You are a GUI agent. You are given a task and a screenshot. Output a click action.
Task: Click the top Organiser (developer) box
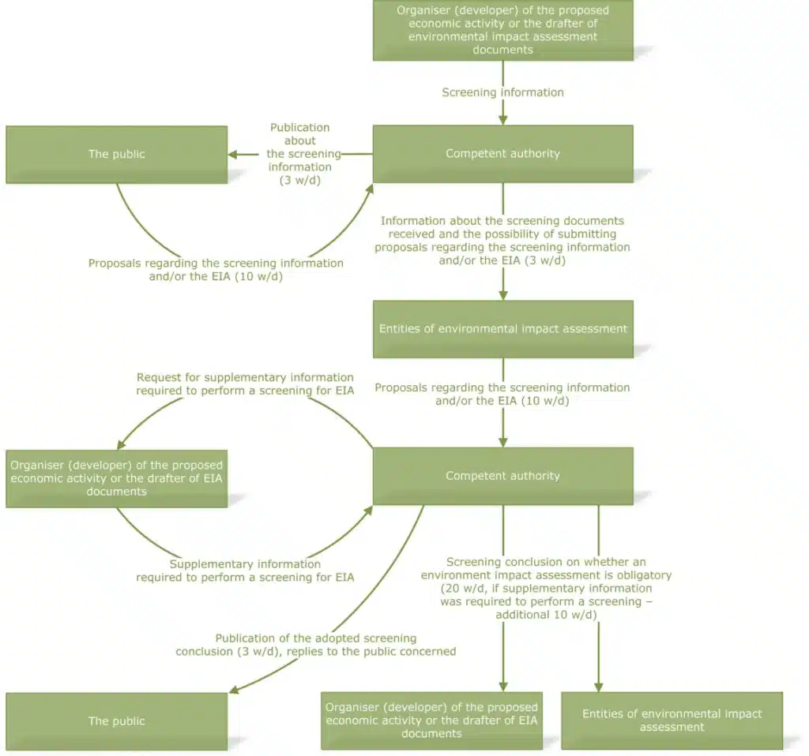pyautogui.click(x=502, y=30)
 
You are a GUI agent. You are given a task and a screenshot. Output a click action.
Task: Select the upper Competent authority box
pyautogui.click(x=502, y=154)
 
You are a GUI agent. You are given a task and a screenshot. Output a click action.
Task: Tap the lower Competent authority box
pyautogui.click(x=502, y=476)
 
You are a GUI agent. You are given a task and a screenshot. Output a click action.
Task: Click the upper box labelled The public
pyautogui.click(x=116, y=155)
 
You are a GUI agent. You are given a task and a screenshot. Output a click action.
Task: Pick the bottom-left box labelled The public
pyautogui.click(x=116, y=720)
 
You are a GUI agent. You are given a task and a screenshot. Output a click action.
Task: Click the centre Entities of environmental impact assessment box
pyautogui.click(x=502, y=329)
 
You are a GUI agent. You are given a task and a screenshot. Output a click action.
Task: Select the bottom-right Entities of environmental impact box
pyautogui.click(x=672, y=720)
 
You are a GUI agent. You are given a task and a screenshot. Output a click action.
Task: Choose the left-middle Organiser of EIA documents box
pyautogui.click(x=116, y=478)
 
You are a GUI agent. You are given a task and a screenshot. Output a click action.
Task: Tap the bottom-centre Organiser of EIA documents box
pyautogui.click(x=431, y=720)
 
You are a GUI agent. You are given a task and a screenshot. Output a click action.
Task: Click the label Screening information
pyautogui.click(x=502, y=92)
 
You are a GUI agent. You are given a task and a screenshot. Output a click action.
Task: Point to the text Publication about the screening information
pyautogui.click(x=299, y=153)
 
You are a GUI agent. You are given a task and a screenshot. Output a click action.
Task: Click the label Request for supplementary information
pyautogui.click(x=245, y=384)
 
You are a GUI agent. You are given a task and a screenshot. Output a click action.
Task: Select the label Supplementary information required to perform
pyautogui.click(x=245, y=571)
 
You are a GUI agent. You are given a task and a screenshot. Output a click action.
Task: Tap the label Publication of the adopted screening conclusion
pyautogui.click(x=315, y=644)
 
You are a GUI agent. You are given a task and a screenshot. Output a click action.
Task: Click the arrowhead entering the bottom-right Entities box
pyautogui.click(x=598, y=685)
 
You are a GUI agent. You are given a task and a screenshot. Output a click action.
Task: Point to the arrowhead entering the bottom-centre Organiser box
pyautogui.click(x=503, y=685)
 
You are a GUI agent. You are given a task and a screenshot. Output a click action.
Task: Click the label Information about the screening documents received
pyautogui.click(x=502, y=240)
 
